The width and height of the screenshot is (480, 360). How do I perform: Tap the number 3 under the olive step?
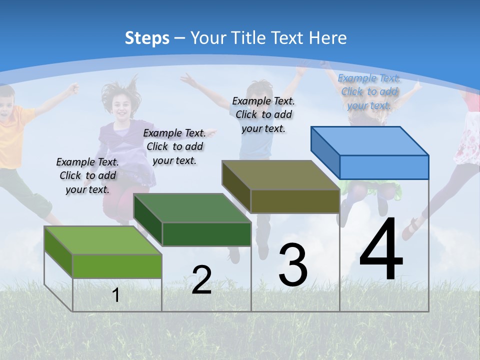coord(293,265)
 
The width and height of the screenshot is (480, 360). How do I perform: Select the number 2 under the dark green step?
coord(201,279)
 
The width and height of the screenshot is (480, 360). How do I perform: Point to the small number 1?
coord(115,295)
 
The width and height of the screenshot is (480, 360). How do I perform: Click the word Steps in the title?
coord(147,38)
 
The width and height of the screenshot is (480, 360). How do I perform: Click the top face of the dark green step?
coord(192,208)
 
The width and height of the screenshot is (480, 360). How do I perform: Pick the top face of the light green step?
coord(103,240)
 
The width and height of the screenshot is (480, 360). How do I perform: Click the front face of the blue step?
coord(384,167)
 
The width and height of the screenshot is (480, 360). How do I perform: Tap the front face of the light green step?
coord(117,266)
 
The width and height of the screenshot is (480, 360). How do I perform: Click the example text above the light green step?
coord(87,175)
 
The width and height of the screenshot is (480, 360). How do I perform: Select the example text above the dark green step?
coord(174,146)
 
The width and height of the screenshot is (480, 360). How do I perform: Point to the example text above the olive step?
coord(263,114)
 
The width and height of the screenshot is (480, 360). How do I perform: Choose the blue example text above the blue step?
coord(369,91)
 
